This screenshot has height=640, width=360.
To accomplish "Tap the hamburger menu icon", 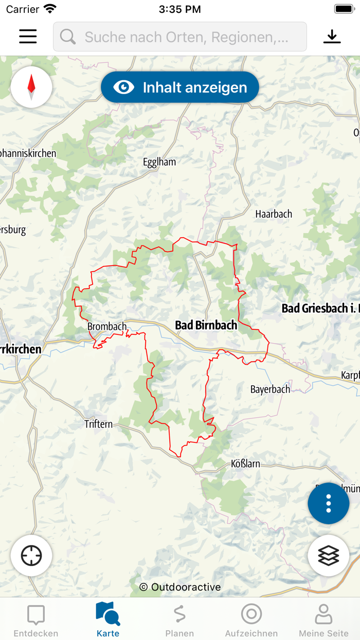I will pyautogui.click(x=28, y=37).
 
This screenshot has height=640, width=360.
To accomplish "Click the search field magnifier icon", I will pyautogui.click(x=68, y=37).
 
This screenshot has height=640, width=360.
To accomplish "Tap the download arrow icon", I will pyautogui.click(x=332, y=37).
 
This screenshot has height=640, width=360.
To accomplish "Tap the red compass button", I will pyautogui.click(x=31, y=87).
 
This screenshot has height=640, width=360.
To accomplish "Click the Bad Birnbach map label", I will pyautogui.click(x=206, y=325).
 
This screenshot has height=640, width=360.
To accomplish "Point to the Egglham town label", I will pyautogui.click(x=159, y=162).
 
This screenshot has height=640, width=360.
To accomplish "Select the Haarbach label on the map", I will pyautogui.click(x=274, y=214).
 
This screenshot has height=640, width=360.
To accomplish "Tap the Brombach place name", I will pyautogui.click(x=107, y=327).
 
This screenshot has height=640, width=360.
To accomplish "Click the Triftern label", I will pyautogui.click(x=98, y=424).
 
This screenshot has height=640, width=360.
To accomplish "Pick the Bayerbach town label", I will pyautogui.click(x=270, y=389).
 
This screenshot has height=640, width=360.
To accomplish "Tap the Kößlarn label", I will pyautogui.click(x=245, y=464).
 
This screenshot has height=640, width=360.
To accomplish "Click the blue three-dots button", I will pyautogui.click(x=329, y=504).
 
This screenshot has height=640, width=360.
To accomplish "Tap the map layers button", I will pyautogui.click(x=329, y=556).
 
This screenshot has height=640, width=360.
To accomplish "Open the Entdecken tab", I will pyautogui.click(x=36, y=620).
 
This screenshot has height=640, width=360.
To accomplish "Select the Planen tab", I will pyautogui.click(x=179, y=620).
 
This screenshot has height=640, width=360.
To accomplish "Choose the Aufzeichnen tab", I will pyautogui.click(x=251, y=620).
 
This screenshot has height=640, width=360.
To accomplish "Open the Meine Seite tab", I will pyautogui.click(x=323, y=620).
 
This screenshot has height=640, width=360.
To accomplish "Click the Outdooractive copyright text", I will pyautogui.click(x=180, y=587).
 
